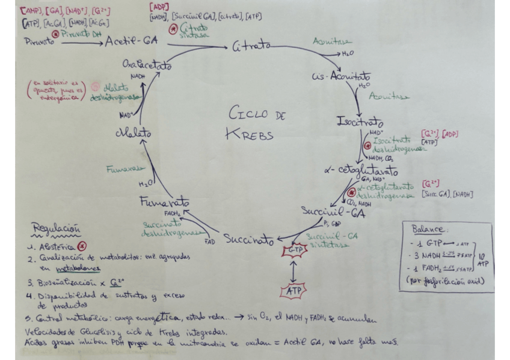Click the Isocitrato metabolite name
click(x=361, y=123)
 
